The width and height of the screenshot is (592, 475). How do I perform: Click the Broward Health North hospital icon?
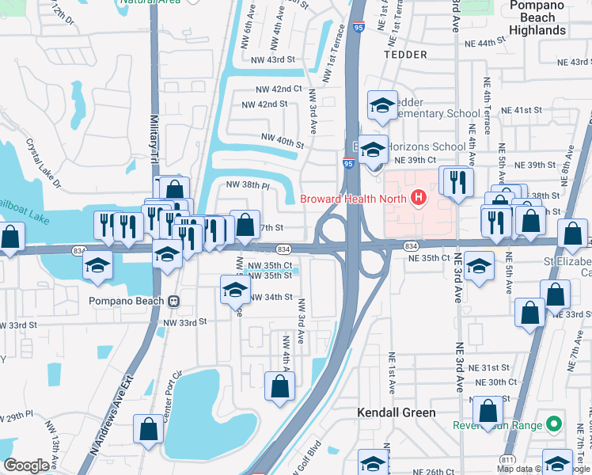pyautogui.click(x=419, y=199)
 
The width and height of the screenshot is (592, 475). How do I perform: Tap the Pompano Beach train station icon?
pyautogui.click(x=173, y=301)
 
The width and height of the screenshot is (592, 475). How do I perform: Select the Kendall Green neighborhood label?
pyautogui.click(x=396, y=412)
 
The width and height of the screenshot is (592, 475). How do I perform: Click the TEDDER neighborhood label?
pyautogui.click(x=404, y=55)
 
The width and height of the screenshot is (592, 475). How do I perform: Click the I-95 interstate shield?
pyautogui.click(x=348, y=164)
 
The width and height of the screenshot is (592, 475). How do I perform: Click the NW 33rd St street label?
pyautogui.click(x=184, y=322)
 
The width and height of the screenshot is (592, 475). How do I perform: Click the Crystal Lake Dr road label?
pyautogui.click(x=44, y=165)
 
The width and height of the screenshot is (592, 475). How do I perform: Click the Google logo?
pyautogui.click(x=27, y=465)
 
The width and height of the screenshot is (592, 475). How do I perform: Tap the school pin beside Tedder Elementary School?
pyautogui.click(x=381, y=105)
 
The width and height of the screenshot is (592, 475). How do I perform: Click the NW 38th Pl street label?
pyautogui.click(x=248, y=184)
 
